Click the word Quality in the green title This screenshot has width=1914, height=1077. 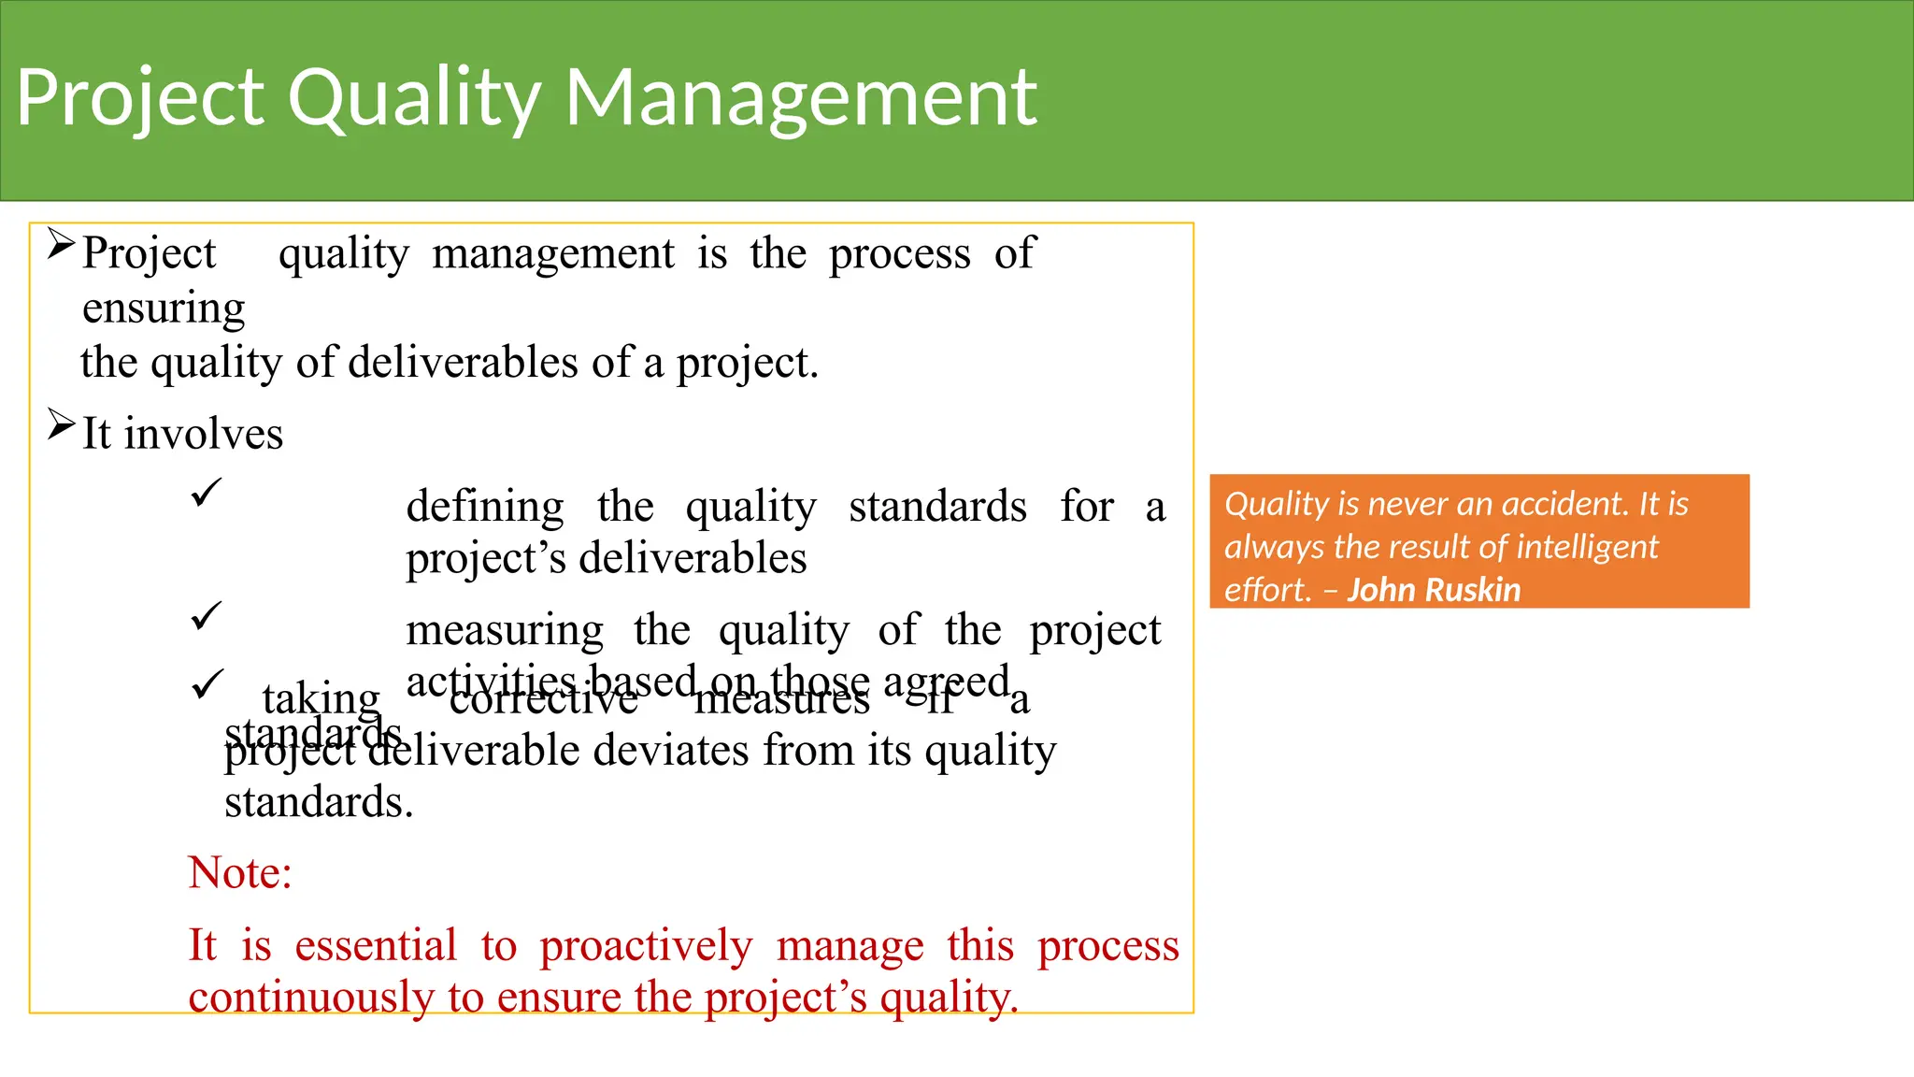pos(414,99)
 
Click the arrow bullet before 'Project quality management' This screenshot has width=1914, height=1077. pos(61,245)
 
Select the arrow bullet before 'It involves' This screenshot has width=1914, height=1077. pos(61,425)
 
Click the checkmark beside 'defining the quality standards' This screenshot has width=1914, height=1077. pos(206,492)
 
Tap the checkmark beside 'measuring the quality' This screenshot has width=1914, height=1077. pos(206,615)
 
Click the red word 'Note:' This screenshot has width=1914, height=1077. pos(240,872)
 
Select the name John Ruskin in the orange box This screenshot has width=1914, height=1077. pos(1434,590)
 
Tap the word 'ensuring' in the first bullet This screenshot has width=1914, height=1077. pos(164,309)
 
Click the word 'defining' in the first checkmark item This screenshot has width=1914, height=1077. pos(485,507)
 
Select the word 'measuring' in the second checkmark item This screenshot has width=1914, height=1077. pos(505,630)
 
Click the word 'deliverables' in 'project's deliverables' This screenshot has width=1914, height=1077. pos(693,558)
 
